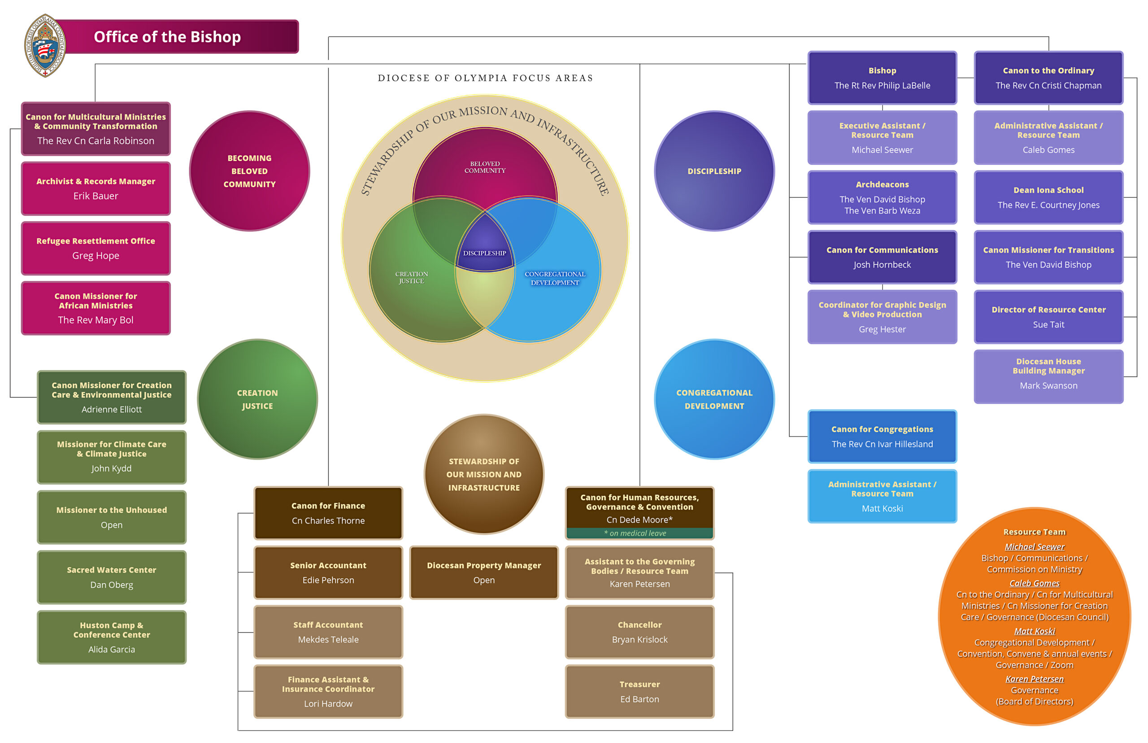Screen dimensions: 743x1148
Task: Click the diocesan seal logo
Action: tap(45, 45)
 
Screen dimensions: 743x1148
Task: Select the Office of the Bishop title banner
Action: tap(178, 37)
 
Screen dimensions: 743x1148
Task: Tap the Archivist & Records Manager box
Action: tap(96, 188)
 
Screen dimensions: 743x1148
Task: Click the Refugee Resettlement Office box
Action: tap(96, 248)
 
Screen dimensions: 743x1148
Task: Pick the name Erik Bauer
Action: tap(96, 196)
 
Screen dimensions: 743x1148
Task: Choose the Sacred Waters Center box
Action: tap(111, 577)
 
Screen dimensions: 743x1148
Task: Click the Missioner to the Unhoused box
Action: tap(111, 517)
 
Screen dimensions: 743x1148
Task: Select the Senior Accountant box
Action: tap(328, 572)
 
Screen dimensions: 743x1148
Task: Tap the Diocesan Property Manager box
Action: tap(483, 572)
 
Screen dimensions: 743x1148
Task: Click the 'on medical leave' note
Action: tap(639, 533)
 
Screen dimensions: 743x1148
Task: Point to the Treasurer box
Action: tap(639, 691)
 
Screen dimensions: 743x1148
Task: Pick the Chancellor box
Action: tap(639, 632)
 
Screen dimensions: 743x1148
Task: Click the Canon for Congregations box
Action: tap(882, 436)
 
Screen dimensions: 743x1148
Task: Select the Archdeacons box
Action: tap(882, 197)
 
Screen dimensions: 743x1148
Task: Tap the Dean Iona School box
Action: tap(1048, 197)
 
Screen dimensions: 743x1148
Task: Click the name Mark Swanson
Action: tap(1048, 385)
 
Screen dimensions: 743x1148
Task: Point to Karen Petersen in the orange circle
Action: tap(1034, 679)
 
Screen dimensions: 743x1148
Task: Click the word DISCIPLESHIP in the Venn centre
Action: tap(485, 253)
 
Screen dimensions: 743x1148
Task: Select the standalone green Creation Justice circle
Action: tap(257, 399)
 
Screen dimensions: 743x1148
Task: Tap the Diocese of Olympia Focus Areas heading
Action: tap(485, 78)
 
